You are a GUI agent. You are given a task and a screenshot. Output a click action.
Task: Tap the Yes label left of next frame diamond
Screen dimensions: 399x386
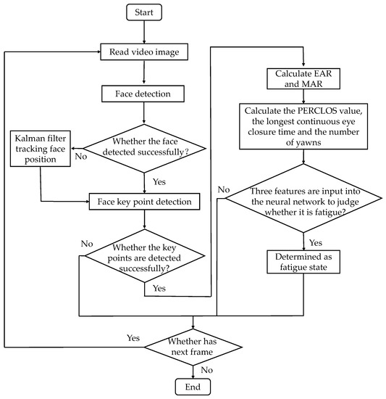pos(133,338)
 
